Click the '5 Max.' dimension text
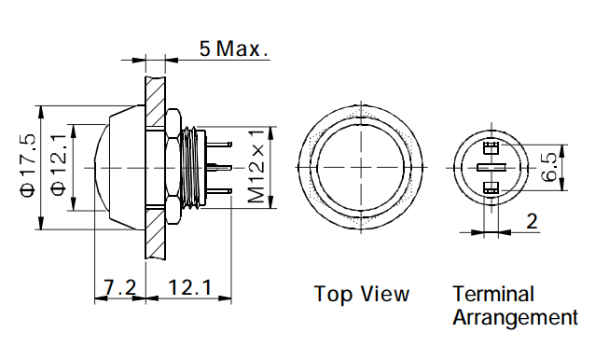pos(234,48)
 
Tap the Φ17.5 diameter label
pos(28,165)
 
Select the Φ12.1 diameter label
pos(59,165)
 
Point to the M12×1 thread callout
pos(256,167)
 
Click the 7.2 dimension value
pos(120,287)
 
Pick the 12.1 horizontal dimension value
pos(189,287)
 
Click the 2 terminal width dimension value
pos(532,221)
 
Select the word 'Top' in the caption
pos(333,295)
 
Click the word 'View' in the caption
pos(385,294)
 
